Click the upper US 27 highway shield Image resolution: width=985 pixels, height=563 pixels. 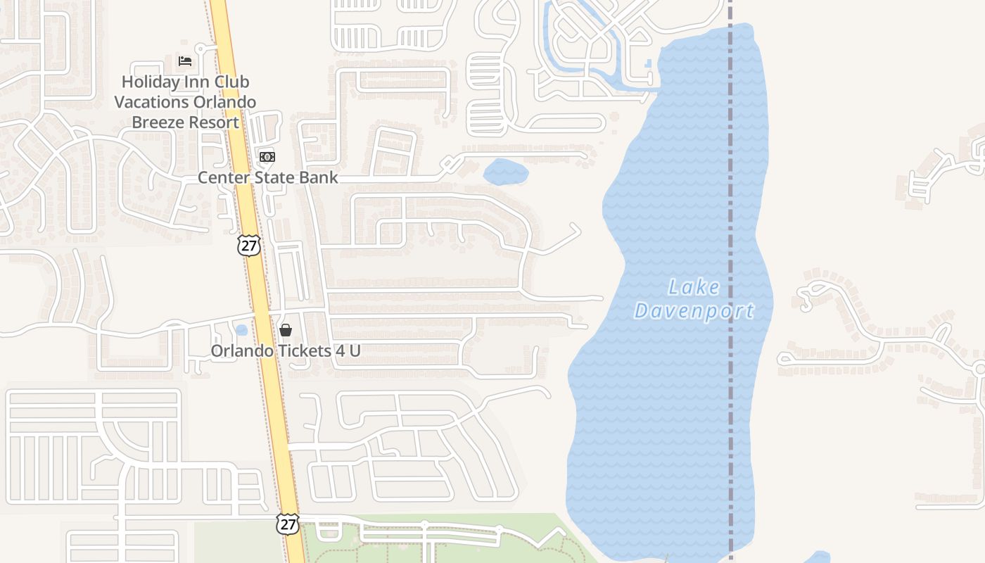249,246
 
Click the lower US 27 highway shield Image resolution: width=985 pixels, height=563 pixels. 287,524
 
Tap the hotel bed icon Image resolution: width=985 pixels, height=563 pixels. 185,61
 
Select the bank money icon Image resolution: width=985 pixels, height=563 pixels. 267,156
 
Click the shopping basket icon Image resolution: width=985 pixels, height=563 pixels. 286,329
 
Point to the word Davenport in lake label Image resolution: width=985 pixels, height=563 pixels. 694,311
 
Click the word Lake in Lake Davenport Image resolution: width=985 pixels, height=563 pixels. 694,287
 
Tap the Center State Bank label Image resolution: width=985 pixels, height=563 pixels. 267,177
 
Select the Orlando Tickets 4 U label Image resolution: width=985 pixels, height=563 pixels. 286,350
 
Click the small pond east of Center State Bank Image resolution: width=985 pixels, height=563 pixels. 505,171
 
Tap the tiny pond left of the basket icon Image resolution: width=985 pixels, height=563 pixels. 241,329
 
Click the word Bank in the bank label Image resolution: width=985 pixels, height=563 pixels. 320,177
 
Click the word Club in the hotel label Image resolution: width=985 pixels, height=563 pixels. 232,82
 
